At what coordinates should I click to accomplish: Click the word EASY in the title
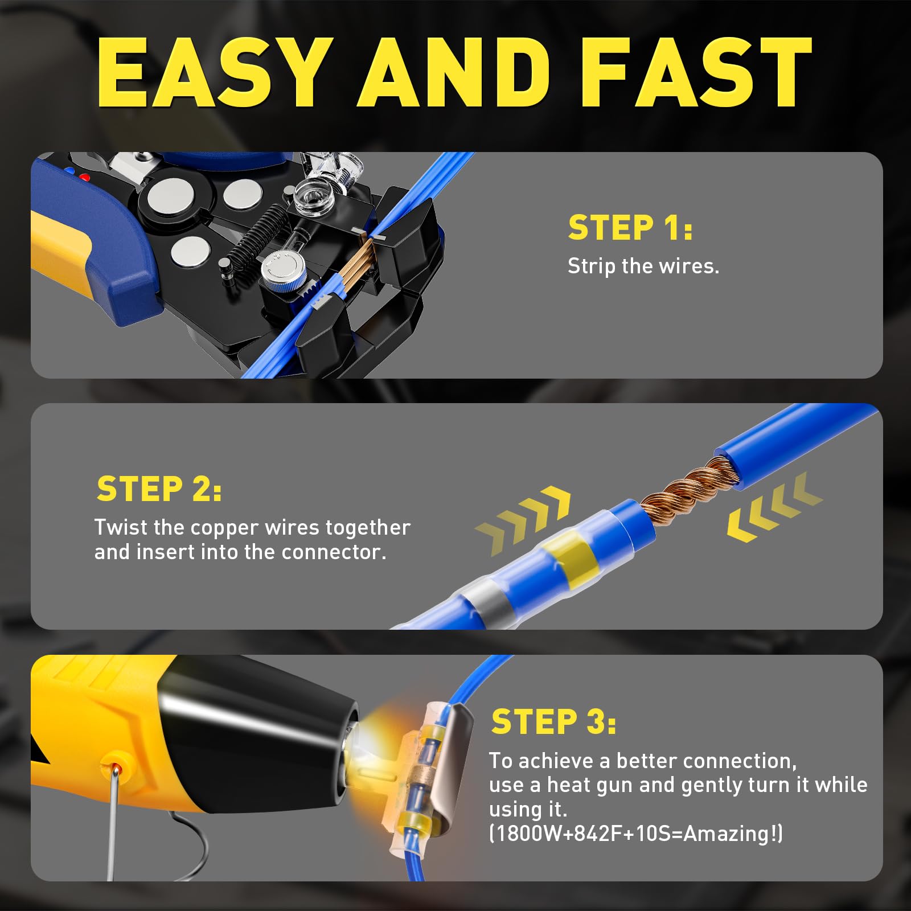[x=216, y=72]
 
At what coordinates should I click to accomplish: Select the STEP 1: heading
[x=630, y=228]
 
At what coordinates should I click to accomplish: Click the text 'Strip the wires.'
[x=643, y=266]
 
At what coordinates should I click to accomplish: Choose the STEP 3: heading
[x=553, y=721]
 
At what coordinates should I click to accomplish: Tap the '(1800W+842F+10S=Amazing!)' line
[x=636, y=834]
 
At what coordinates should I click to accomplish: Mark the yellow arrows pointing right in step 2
[x=522, y=519]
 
